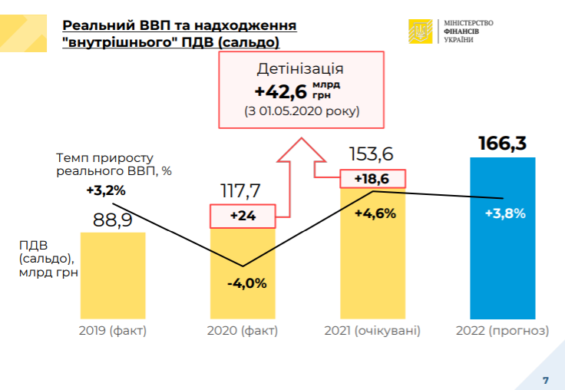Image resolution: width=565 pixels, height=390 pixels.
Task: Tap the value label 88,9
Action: pos(112,220)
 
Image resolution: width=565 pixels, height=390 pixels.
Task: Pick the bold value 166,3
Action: pos(504,144)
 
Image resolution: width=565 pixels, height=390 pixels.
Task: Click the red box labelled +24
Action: pos(243,216)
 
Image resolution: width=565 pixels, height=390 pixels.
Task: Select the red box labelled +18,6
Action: pos(372,179)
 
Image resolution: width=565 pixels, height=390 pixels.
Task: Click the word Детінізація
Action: pos(300,69)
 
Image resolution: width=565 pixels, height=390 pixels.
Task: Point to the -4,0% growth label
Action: pos(246,283)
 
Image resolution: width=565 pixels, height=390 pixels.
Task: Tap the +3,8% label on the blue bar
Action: pos(505,213)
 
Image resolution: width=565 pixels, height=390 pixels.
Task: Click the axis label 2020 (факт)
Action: pos(242,332)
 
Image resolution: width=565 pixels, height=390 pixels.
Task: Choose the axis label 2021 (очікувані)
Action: pos(373,332)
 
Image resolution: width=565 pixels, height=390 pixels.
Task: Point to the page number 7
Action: pos(546,381)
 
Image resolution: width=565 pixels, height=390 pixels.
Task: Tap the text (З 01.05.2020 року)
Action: pos(302,111)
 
